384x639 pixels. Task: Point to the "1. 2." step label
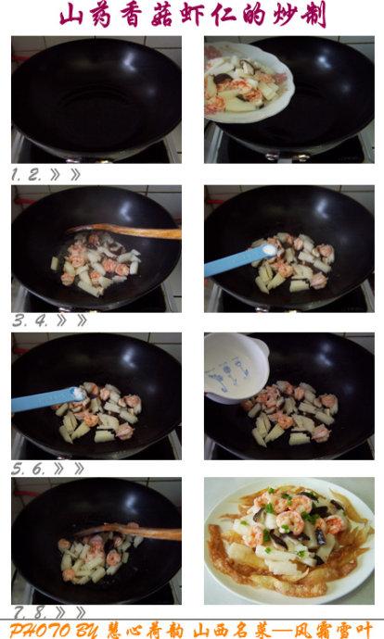click(x=27, y=175)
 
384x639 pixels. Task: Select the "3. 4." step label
click(x=30, y=321)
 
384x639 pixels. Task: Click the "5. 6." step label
click(x=29, y=469)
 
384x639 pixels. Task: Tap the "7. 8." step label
click(x=31, y=612)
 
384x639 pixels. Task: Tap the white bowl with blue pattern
click(x=235, y=369)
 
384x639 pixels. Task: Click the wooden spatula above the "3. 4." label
click(x=124, y=232)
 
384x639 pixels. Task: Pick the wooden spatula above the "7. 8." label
click(x=129, y=532)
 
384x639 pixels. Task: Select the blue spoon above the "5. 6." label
click(x=49, y=399)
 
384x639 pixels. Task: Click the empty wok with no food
click(x=96, y=100)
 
